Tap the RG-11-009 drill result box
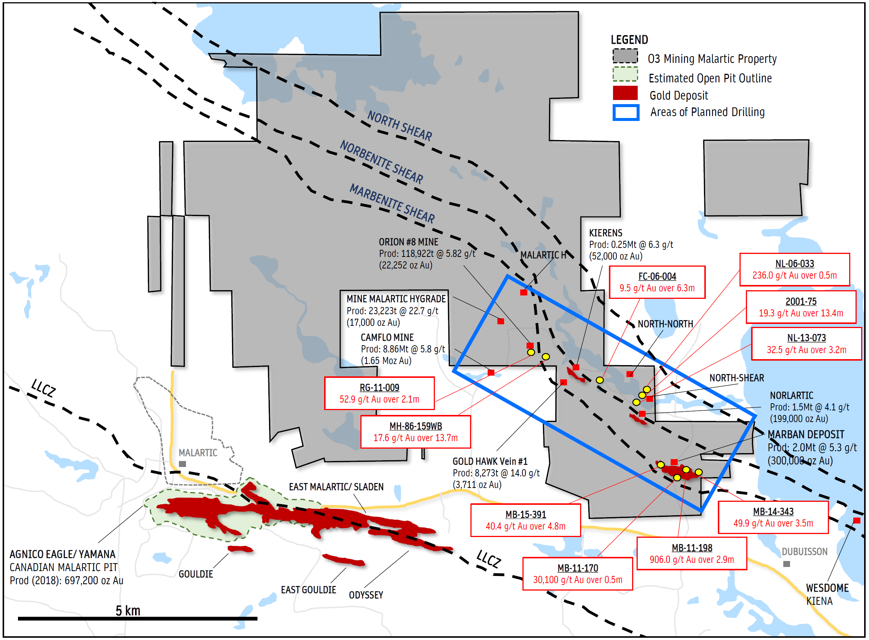point(380,394)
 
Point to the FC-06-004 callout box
point(658,282)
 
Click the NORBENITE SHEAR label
point(382,162)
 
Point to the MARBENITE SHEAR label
point(393,203)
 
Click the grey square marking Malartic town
point(183,464)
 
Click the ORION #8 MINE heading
point(409,242)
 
